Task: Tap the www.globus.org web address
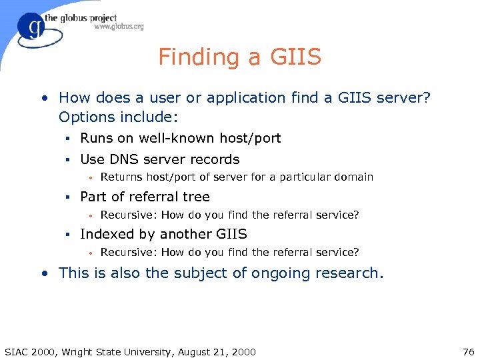[x=119, y=27]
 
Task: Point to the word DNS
[x=126, y=159]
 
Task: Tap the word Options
[x=85, y=117]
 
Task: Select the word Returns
[x=120, y=177]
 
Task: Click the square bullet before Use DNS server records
[x=67, y=160]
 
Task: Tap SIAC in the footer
[x=16, y=351]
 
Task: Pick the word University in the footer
[x=141, y=351]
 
